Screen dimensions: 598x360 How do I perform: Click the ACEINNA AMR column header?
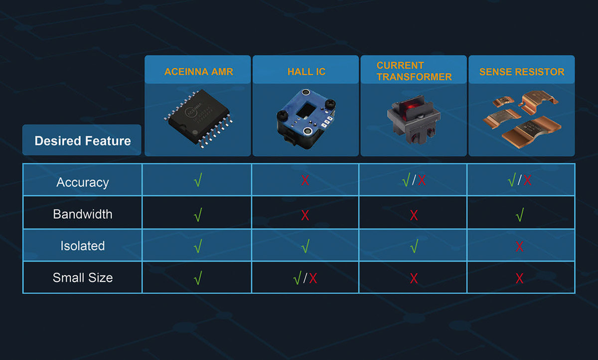coord(199,72)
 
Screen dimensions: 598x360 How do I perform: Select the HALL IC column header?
coord(306,72)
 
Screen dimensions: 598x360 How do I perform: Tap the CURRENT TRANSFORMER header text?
coord(414,71)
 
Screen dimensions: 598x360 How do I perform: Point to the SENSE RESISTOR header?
coord(522,72)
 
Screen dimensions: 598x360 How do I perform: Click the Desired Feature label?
coord(83,140)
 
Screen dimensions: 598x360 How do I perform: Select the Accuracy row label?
coord(83,182)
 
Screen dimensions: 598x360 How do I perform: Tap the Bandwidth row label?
coord(83,214)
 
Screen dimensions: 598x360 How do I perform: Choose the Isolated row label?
coord(83,245)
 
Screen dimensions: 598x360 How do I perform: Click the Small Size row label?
coord(83,278)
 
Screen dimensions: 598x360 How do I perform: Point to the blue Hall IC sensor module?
coord(306,118)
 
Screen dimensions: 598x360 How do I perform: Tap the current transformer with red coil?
coord(414,119)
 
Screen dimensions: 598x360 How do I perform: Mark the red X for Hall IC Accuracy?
coord(305,180)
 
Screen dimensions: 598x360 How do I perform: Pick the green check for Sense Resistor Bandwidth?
coord(520,215)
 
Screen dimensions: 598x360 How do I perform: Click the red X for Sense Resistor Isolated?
coord(519,246)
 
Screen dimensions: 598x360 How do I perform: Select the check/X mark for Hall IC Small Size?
coord(305,278)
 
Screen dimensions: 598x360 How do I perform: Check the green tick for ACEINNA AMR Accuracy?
coord(198,180)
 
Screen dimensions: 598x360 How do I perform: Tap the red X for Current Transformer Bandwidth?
coord(414,215)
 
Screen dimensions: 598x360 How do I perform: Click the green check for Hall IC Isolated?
coord(305,246)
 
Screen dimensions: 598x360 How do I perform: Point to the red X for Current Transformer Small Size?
coord(414,278)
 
